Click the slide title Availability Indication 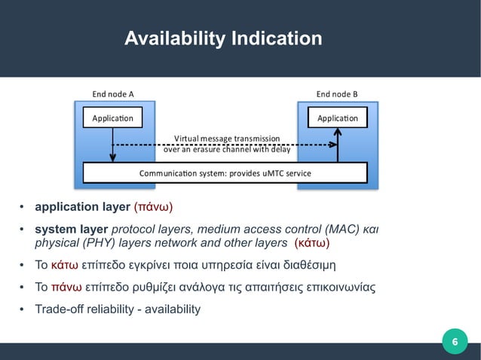click(x=223, y=38)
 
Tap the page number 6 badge click(x=454, y=343)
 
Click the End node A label click(x=113, y=94)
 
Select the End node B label click(x=337, y=94)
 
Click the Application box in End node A click(x=112, y=118)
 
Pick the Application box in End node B click(x=338, y=118)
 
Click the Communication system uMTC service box click(x=225, y=173)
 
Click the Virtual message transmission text click(x=226, y=139)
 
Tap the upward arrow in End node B click(x=338, y=143)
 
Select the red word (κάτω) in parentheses click(x=311, y=243)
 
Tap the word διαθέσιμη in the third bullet click(x=311, y=265)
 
